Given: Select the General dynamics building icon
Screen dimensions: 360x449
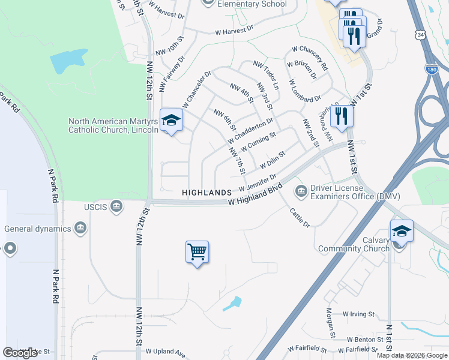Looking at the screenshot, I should (x=80, y=228).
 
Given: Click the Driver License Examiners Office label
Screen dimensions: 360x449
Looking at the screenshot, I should (x=354, y=192).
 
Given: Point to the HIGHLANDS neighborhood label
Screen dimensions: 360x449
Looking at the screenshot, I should (x=207, y=193).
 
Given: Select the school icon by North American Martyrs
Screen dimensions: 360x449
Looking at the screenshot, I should (x=171, y=121).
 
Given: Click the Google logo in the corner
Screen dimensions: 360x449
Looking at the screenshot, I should (x=20, y=353).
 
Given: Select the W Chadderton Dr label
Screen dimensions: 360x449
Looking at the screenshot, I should (x=253, y=128).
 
